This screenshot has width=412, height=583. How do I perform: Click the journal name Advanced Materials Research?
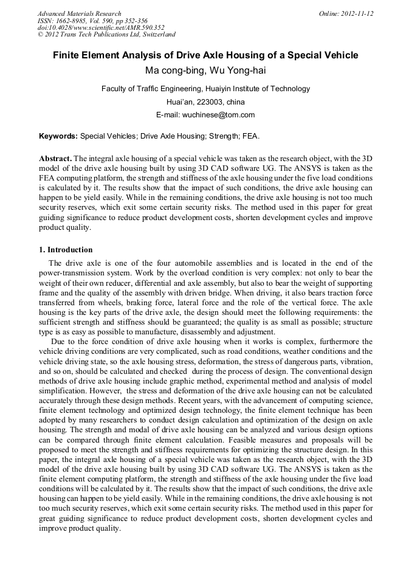click(x=80, y=13)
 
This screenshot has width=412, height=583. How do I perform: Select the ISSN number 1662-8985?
click(x=76, y=21)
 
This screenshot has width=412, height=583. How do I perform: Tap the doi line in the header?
click(x=101, y=28)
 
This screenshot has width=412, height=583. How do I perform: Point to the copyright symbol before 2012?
click(x=40, y=35)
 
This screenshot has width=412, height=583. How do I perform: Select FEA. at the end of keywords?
click(x=252, y=136)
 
